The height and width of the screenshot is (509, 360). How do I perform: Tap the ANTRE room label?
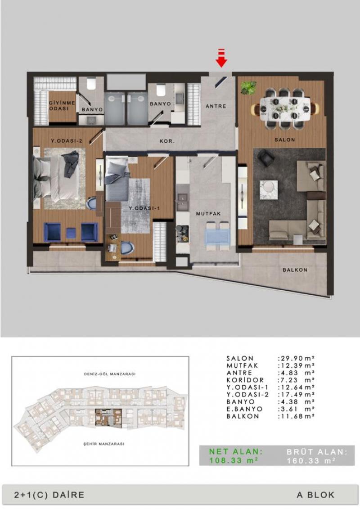point(216,106)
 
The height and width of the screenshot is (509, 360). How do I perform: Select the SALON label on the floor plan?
point(285,140)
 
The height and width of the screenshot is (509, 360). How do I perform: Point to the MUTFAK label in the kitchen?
point(208,214)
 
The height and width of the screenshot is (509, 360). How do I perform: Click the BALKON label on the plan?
point(295,270)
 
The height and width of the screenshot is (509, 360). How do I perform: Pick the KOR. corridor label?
point(167,141)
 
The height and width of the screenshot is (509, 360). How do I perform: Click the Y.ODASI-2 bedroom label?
point(66,141)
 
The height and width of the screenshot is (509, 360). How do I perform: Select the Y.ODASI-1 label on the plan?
point(144,208)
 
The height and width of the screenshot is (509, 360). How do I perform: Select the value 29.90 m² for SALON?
point(297,358)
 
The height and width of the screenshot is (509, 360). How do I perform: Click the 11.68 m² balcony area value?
point(297,416)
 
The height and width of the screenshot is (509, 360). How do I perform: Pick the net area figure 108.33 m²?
point(234,460)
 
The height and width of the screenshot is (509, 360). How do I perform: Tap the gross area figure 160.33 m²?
point(311,460)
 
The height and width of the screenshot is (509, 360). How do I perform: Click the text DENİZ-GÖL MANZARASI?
point(110,374)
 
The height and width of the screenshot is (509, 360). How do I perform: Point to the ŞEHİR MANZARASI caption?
point(104,444)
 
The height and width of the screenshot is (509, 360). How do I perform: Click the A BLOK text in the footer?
point(315,495)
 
